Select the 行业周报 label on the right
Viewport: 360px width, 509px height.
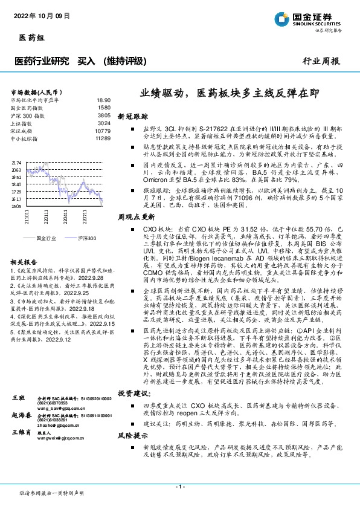tap(321, 61)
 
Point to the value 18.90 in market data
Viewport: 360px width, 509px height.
tap(103, 100)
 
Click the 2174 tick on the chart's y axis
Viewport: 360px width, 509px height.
tap(16, 163)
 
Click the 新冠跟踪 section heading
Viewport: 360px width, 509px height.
tap(132, 115)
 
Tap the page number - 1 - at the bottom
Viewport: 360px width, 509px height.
tap(179, 487)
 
